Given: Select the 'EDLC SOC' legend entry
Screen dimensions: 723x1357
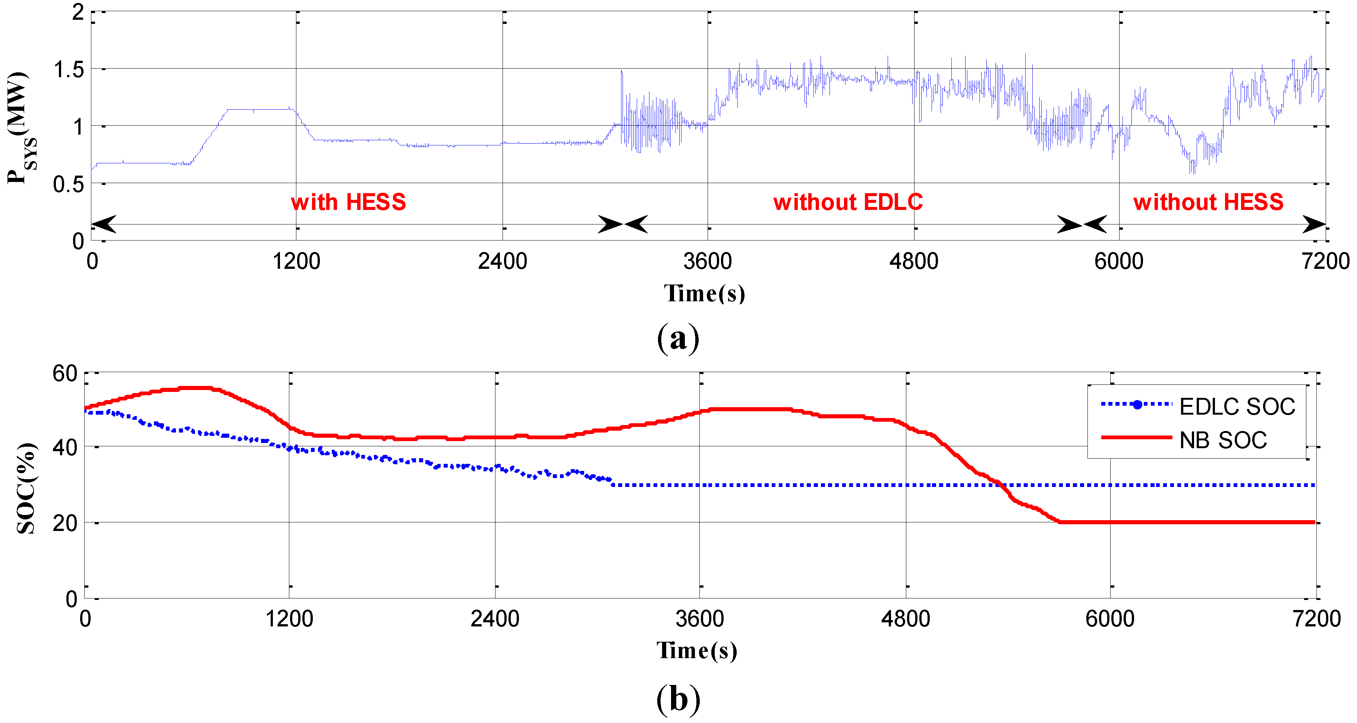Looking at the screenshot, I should (x=1236, y=407).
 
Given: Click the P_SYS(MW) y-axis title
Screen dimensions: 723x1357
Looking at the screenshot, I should (x=20, y=128).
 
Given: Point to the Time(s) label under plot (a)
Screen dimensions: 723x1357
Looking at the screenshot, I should (x=704, y=293).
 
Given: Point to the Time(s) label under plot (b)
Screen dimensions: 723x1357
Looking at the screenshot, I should (x=696, y=650).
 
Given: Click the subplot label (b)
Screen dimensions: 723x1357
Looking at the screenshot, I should (x=678, y=699).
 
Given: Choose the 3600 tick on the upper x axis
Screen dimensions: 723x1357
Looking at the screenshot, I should (x=708, y=261).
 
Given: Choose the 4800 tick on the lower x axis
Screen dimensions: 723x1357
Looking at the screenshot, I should (x=906, y=619).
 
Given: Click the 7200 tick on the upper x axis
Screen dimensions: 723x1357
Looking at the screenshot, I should (x=1325, y=261).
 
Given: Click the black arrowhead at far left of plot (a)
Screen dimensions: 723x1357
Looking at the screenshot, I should (x=104, y=224).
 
